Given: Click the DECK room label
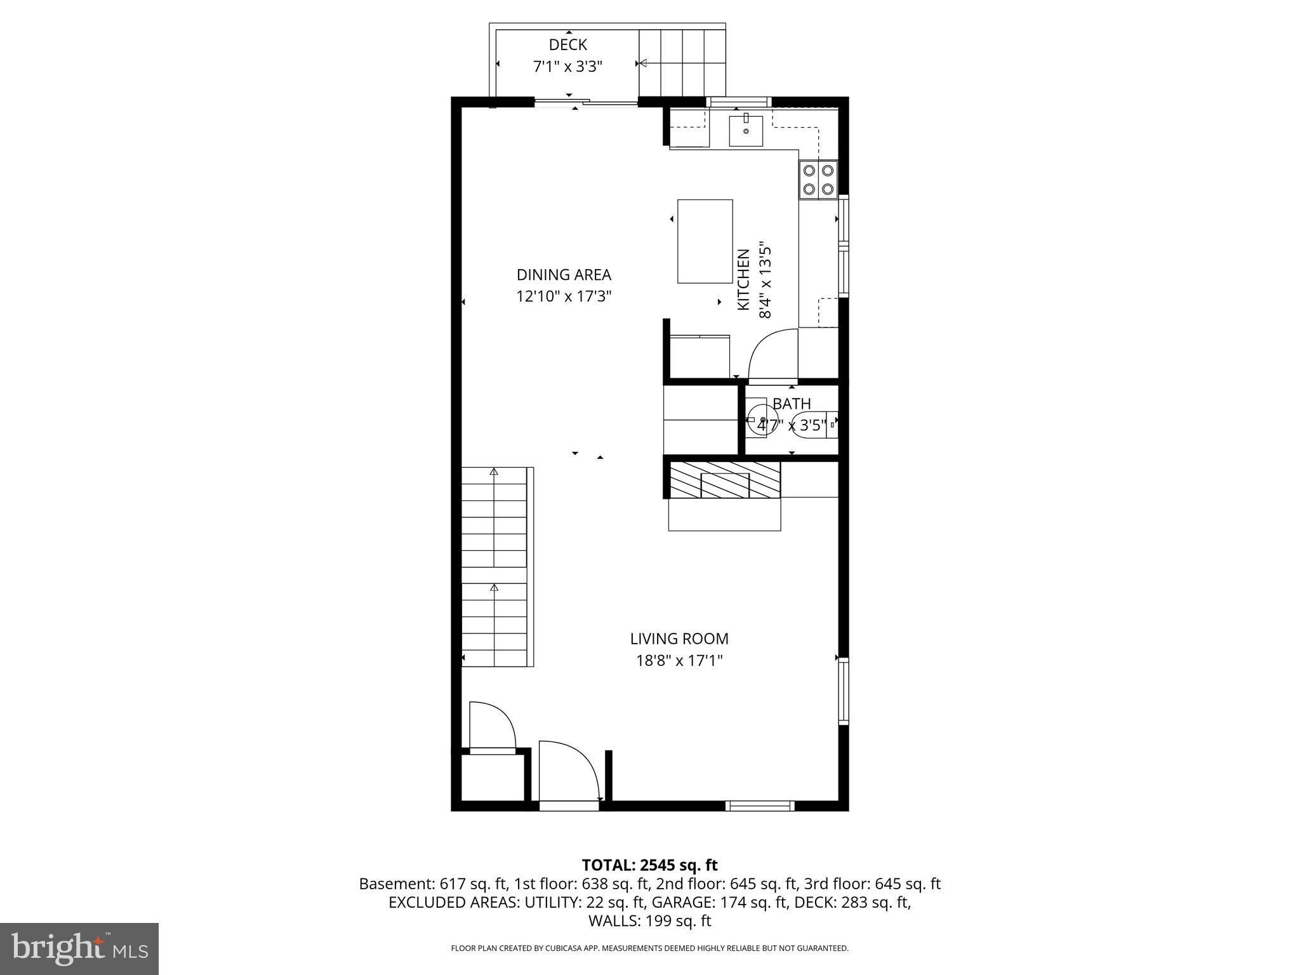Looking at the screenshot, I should click(x=567, y=45).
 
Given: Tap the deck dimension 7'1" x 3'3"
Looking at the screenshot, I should click(x=567, y=66).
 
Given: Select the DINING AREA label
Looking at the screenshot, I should click(x=564, y=275).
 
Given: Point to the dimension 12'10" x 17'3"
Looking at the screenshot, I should click(x=564, y=296).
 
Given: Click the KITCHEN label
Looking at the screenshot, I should click(x=743, y=279).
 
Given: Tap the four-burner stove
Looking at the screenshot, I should click(x=818, y=180).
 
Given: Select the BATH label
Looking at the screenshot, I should click(x=792, y=404).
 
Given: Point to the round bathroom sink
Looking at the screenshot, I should click(x=760, y=420).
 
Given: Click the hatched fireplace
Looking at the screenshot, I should click(x=724, y=480).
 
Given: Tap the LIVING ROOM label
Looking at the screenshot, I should click(x=679, y=639).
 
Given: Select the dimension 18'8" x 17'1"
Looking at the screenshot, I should click(x=679, y=661).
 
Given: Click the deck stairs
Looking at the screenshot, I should click(x=682, y=62).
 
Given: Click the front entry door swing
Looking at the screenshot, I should click(x=568, y=771).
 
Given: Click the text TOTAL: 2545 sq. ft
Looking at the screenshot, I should click(x=649, y=865).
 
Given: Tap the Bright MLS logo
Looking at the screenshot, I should click(x=79, y=948).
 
